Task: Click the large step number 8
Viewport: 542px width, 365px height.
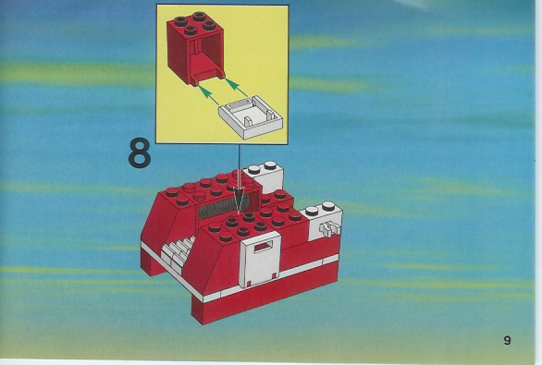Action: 140,153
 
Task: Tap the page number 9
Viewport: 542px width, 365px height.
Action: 507,340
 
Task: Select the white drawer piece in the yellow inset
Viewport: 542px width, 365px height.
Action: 251,116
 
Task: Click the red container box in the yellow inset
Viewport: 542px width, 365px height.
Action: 196,48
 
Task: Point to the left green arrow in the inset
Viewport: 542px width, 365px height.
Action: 208,95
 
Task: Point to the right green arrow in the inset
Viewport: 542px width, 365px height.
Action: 237,88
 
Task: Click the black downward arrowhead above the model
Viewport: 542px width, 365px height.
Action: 240,199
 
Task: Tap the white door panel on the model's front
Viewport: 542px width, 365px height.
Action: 260,260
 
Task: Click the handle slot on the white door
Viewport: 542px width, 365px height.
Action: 265,247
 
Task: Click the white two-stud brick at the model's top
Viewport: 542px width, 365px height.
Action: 264,176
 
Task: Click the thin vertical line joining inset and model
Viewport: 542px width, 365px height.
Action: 239,165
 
